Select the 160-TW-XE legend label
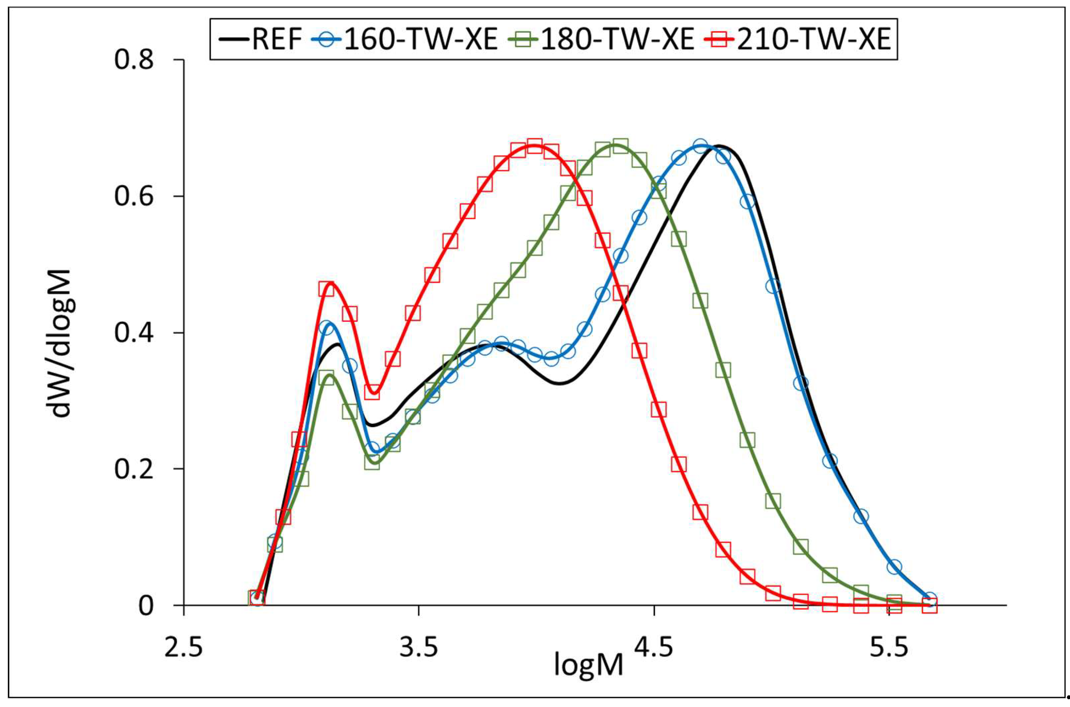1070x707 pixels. pos(420,40)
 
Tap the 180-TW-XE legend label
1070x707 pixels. pos(616,40)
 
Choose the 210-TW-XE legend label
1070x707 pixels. pos(813,40)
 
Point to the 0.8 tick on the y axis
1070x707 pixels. pos(134,60)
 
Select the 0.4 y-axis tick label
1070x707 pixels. pos(134,333)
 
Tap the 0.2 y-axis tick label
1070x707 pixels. pos(134,469)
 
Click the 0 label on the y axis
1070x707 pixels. pos(146,606)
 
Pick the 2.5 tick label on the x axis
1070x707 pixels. pos(183,648)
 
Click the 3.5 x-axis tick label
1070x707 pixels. pos(419,648)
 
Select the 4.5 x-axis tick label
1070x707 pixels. pos(654,648)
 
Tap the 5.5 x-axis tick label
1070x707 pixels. pos(888,648)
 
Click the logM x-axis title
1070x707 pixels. pos(588,665)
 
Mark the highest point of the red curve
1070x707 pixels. pos(534,145)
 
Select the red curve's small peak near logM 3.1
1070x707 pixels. pos(330,283)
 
